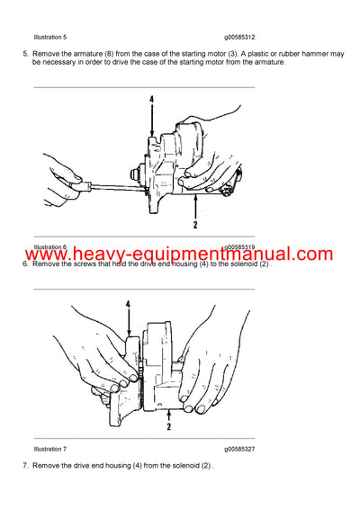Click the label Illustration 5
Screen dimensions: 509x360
pos(50,36)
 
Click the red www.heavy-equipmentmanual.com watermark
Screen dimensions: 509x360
pos(180,255)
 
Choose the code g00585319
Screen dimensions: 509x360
pos(239,246)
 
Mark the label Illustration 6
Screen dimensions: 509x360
pos(50,246)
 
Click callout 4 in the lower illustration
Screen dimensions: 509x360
pos(128,305)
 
